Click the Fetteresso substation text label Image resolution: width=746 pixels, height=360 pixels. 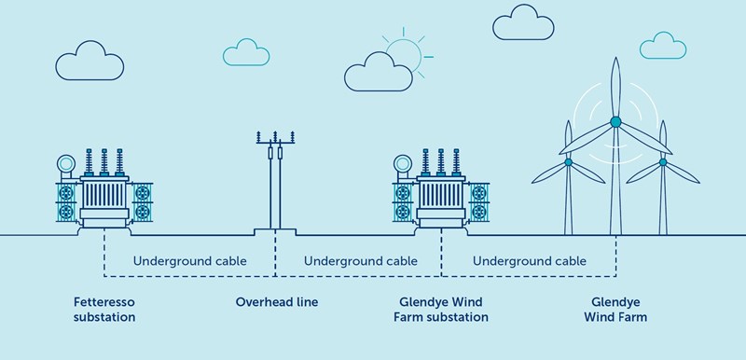(x=104, y=310)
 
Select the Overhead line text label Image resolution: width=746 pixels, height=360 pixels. (x=276, y=303)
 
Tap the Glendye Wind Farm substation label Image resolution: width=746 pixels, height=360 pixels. (x=442, y=310)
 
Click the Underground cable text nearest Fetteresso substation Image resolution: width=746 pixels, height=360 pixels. (x=190, y=261)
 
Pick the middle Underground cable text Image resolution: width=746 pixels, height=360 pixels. (x=359, y=261)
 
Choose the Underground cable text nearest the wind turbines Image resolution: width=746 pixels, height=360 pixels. (x=529, y=261)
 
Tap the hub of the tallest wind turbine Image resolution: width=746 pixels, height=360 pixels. (x=615, y=121)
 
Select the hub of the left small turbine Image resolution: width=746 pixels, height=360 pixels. (x=568, y=162)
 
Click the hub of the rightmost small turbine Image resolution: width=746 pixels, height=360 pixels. (x=663, y=162)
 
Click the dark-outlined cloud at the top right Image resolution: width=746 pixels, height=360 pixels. (x=523, y=24)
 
